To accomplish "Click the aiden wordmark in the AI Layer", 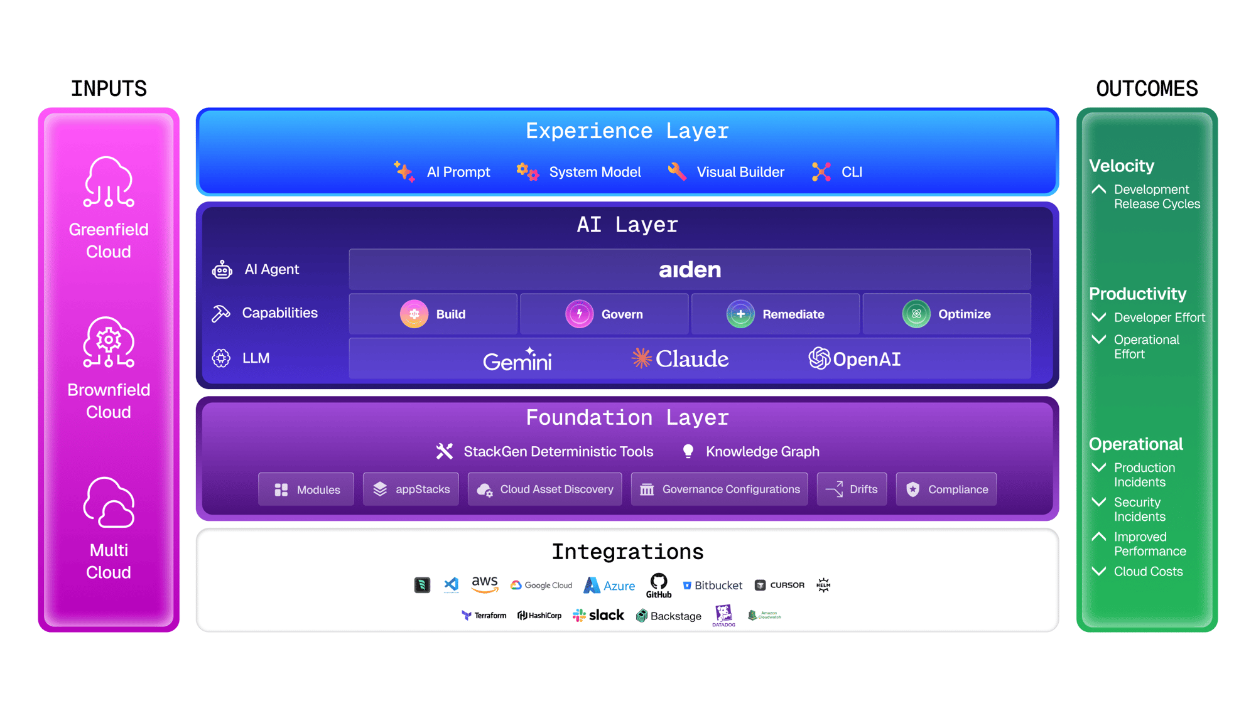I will pyautogui.click(x=690, y=270).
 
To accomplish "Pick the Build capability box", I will pyautogui.click(x=433, y=314).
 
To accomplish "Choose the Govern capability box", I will pyautogui.click(x=604, y=314).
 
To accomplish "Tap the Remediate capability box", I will pyautogui.click(x=776, y=314).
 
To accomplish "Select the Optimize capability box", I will pyautogui.click(x=946, y=314).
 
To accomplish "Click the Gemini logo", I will pyautogui.click(x=517, y=360).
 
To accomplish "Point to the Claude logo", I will pyautogui.click(x=680, y=358).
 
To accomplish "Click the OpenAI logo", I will pyautogui.click(x=854, y=358).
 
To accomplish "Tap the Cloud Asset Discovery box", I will pyautogui.click(x=544, y=489).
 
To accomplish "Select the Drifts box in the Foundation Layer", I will pyautogui.click(x=852, y=489).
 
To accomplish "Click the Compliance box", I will pyautogui.click(x=946, y=489).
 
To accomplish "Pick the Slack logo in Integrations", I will pyautogui.click(x=598, y=615).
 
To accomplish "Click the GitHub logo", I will pyautogui.click(x=659, y=585).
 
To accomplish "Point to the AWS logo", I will pyautogui.click(x=484, y=584).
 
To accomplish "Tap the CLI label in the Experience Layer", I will pyautogui.click(x=852, y=172).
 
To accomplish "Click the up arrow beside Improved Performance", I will pyautogui.click(x=1098, y=537).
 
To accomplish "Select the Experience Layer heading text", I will pyautogui.click(x=627, y=131).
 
